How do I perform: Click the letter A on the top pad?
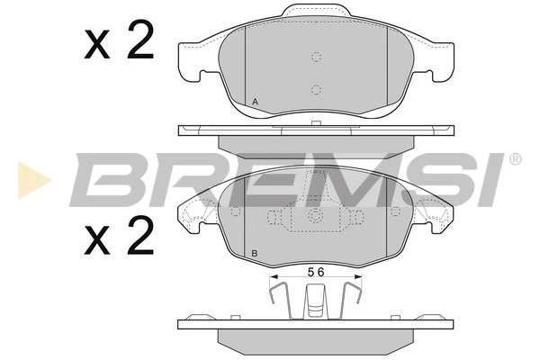256,103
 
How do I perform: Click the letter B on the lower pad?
256,253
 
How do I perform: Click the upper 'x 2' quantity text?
119,42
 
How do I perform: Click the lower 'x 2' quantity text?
119,238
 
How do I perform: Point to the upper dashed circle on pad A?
316,58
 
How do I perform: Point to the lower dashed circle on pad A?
316,89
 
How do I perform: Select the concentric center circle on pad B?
315,216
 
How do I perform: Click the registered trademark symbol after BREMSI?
515,159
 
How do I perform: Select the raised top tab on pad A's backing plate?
316,12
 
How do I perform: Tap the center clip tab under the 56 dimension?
315,300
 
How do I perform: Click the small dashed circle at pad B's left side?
236,211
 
